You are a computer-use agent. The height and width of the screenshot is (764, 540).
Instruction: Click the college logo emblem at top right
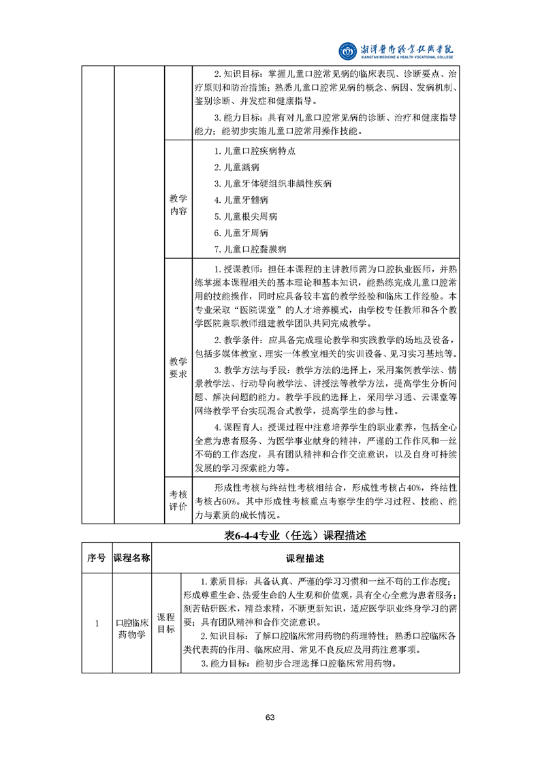[347, 50]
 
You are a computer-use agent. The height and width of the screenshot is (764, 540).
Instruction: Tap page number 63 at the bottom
[270, 717]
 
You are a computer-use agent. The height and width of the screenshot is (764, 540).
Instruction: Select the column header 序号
[97, 558]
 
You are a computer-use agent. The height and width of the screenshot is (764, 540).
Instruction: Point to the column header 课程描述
[304, 558]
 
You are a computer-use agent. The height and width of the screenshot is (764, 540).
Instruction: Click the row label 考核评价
[178, 499]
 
